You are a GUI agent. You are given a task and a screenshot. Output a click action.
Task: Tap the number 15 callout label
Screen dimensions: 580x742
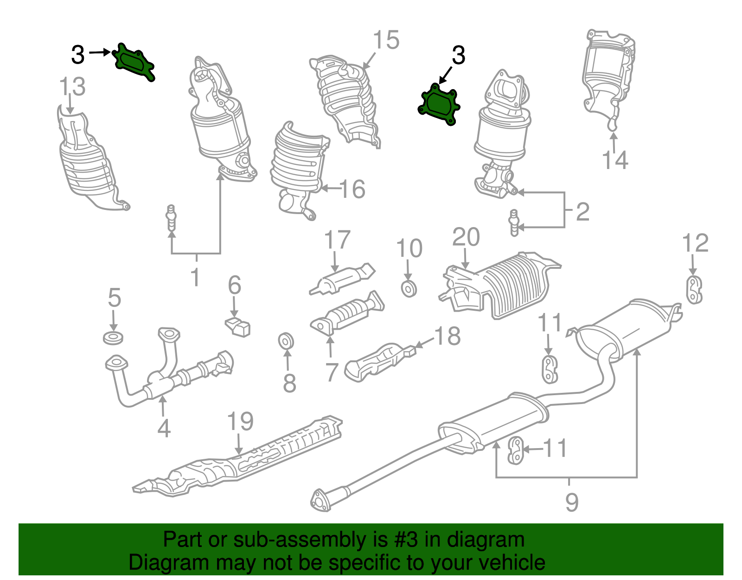click(386, 40)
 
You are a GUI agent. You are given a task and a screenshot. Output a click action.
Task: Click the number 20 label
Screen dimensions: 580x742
click(466, 237)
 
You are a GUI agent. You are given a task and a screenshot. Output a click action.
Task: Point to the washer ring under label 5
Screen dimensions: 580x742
click(113, 338)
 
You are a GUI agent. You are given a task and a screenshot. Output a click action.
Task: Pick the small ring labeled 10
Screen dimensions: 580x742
click(409, 289)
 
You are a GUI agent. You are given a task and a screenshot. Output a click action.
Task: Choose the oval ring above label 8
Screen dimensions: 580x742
click(286, 341)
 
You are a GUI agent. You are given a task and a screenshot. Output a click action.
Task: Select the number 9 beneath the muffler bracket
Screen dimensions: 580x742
click(572, 502)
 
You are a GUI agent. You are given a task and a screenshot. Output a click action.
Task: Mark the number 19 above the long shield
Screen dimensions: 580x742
click(240, 421)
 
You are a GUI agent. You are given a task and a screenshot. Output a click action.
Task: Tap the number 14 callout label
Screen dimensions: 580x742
click(615, 160)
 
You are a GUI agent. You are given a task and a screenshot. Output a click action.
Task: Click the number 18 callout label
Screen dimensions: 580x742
click(448, 336)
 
